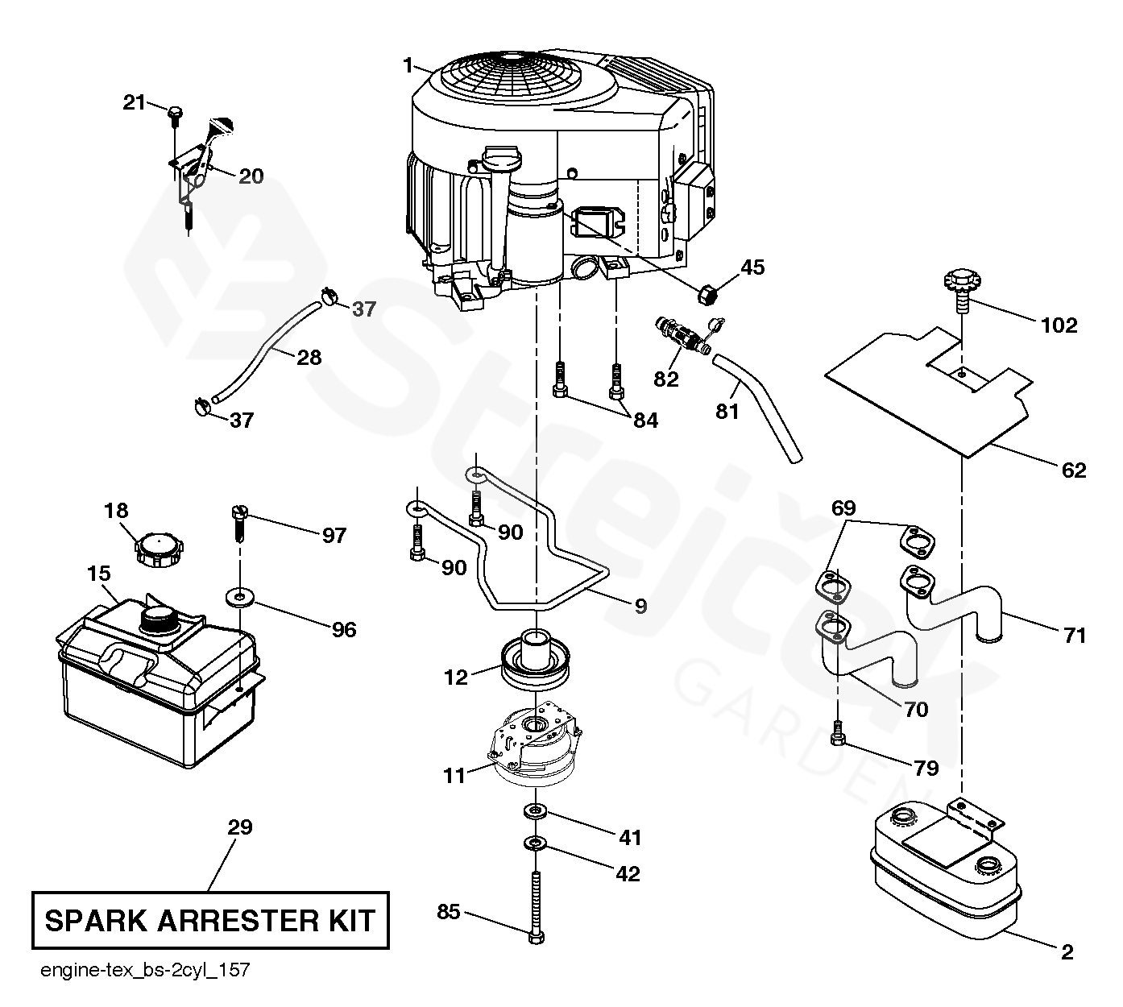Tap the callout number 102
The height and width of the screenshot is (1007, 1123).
coord(1059,325)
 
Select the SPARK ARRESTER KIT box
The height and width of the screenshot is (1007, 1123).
coord(210,919)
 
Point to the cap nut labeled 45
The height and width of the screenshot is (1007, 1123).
coord(707,295)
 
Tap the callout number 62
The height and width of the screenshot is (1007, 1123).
coord(1075,470)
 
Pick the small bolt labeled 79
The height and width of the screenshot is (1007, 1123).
coord(838,734)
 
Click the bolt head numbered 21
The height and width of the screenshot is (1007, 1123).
coord(175,114)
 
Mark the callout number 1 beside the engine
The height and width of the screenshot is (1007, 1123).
coord(408,63)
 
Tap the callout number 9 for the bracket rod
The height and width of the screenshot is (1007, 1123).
coord(640,606)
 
